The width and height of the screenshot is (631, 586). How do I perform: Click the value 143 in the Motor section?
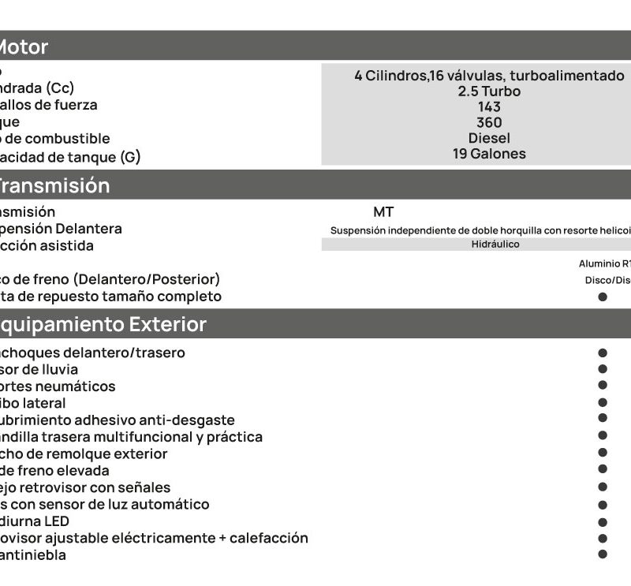coord(489,106)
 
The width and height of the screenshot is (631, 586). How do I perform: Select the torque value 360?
coord(489,122)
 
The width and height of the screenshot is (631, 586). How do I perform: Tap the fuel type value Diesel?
coord(489,138)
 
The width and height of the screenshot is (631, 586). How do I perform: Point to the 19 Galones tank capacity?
coord(489,154)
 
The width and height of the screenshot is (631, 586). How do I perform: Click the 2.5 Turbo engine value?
coord(489,91)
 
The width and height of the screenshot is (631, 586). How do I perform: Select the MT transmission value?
coord(383,211)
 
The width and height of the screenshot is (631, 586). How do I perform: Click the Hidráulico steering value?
coord(495,244)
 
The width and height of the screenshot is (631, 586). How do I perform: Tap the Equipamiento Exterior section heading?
coord(103,324)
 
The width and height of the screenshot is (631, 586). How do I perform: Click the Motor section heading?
coord(23,47)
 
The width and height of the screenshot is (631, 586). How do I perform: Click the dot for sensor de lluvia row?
coord(603,368)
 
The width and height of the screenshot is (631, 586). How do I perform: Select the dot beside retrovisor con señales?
coord(603,487)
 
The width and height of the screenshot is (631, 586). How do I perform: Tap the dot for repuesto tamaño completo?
coord(603,297)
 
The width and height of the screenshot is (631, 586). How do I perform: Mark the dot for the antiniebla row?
coord(603,554)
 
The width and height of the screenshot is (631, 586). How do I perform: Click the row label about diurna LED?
coord(35,521)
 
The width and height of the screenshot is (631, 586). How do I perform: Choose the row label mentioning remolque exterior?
coord(84,453)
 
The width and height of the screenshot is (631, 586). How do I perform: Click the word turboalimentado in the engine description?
coord(567,76)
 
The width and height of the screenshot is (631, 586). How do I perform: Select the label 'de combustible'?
coord(55,139)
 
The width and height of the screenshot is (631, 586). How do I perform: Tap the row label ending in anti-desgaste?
coord(118,420)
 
